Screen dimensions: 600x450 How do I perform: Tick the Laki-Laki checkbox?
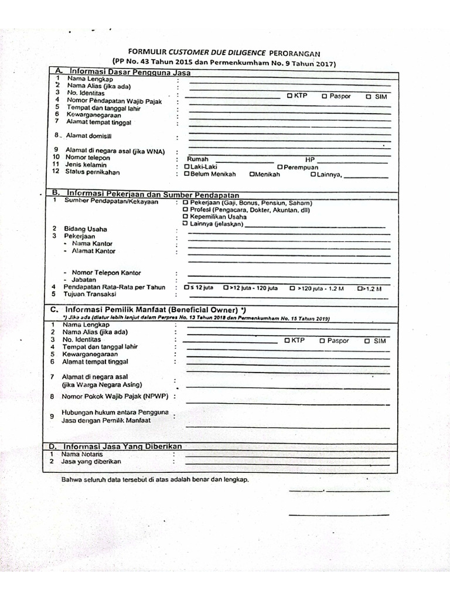coord(187,166)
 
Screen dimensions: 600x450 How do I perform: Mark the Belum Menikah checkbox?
coord(187,174)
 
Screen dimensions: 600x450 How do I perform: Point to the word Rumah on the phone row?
coord(197,159)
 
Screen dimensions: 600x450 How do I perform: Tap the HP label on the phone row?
coord(309,159)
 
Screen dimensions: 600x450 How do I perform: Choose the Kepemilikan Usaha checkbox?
coord(186,216)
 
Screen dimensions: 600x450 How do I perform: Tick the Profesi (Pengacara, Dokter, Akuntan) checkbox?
coord(186,209)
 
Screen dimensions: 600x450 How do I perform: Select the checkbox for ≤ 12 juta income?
coord(186,288)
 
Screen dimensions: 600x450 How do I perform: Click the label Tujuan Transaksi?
coord(90,295)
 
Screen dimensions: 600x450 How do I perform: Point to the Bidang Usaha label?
coord(86,229)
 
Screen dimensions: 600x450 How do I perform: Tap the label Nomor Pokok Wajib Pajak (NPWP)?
coord(111,397)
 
